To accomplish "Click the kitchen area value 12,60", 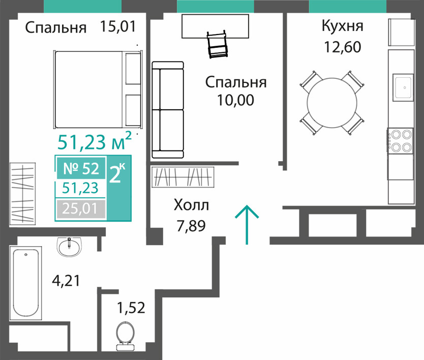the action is (342, 47).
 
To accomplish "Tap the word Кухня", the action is (342, 26).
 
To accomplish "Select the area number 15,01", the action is (117, 26).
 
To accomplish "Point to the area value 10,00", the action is (235, 100).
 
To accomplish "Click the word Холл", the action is (191, 205).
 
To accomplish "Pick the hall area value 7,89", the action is (191, 226).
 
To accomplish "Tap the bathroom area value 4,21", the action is (66, 281).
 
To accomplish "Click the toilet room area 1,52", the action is (131, 308).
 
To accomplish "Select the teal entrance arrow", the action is (247, 225).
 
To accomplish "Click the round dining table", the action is (331, 103).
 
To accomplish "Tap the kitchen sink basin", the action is (403, 87).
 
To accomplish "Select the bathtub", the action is (26, 283).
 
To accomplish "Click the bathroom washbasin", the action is (69, 247).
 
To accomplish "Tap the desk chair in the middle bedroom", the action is (217, 44).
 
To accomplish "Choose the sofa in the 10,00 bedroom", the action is (168, 110).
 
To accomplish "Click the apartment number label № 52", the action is (81, 168).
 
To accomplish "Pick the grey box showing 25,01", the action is (81, 209).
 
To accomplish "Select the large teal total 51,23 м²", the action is (95, 141).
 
